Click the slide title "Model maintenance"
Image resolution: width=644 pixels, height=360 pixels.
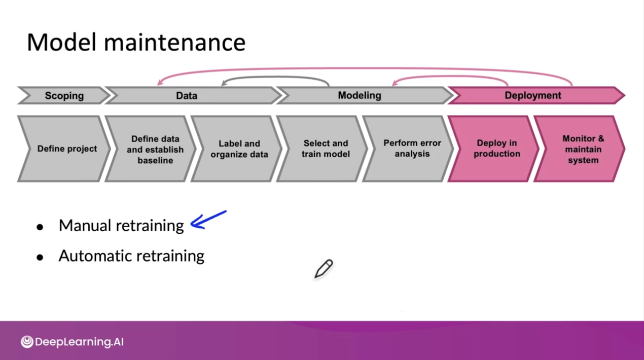click(x=136, y=42)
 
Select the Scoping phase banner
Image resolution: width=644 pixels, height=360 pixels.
click(x=64, y=95)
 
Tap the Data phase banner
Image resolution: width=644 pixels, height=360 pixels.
click(x=187, y=95)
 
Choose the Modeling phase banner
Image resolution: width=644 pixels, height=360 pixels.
click(x=360, y=95)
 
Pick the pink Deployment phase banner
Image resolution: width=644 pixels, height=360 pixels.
click(x=533, y=95)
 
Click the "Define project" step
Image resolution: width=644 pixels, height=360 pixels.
click(x=66, y=149)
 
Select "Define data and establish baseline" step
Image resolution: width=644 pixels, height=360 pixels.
click(x=155, y=149)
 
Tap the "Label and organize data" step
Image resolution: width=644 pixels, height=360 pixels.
click(x=239, y=149)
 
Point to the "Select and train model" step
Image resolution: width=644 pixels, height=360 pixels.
click(x=326, y=149)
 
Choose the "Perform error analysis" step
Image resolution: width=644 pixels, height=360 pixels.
click(x=412, y=149)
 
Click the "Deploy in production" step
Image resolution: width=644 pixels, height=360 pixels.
click(x=496, y=149)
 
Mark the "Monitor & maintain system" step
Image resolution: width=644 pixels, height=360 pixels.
click(x=583, y=149)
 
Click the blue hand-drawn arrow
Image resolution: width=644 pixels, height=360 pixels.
click(x=208, y=221)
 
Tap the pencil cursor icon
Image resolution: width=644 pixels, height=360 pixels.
click(x=323, y=269)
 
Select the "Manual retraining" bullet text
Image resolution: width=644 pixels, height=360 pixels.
click(x=121, y=225)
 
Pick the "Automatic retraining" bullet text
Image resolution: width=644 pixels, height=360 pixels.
click(x=131, y=256)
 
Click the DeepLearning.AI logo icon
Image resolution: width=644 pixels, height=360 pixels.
click(x=27, y=342)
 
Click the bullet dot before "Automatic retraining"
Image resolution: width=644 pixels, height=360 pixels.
click(x=40, y=257)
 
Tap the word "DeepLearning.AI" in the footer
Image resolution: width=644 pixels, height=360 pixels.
click(x=79, y=342)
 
